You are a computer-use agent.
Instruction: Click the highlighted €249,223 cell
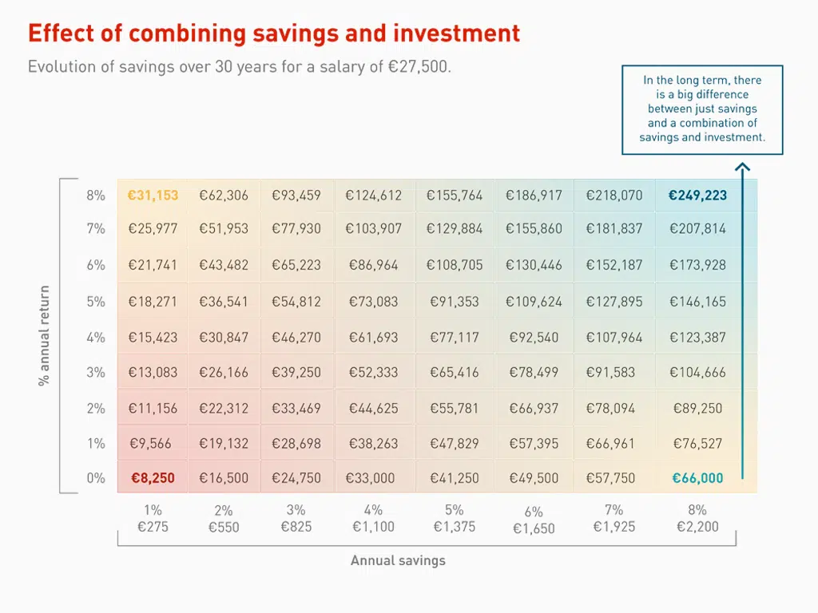pos(697,196)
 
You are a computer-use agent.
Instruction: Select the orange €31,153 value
pos(153,196)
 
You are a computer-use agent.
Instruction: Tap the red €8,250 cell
pos(153,479)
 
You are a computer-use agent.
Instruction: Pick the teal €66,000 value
pos(697,479)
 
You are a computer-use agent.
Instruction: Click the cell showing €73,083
pos(373,302)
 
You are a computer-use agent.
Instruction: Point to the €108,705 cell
pos(455,265)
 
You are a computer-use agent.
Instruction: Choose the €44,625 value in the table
pos(373,409)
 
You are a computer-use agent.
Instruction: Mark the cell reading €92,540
pos(534,338)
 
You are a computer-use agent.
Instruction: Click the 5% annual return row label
pos(96,302)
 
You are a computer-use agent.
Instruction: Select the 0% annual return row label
pos(96,479)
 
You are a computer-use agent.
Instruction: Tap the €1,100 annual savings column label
pos(373,527)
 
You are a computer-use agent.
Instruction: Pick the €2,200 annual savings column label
pos(697,527)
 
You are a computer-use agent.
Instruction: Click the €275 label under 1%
pos(153,527)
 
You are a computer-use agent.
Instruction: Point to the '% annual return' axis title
pos(44,335)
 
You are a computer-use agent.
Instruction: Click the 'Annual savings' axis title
pos(398,560)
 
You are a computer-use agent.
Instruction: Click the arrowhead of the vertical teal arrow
pos(742,168)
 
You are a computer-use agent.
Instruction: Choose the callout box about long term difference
pos(702,109)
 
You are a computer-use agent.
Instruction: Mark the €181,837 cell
pos(613,229)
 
